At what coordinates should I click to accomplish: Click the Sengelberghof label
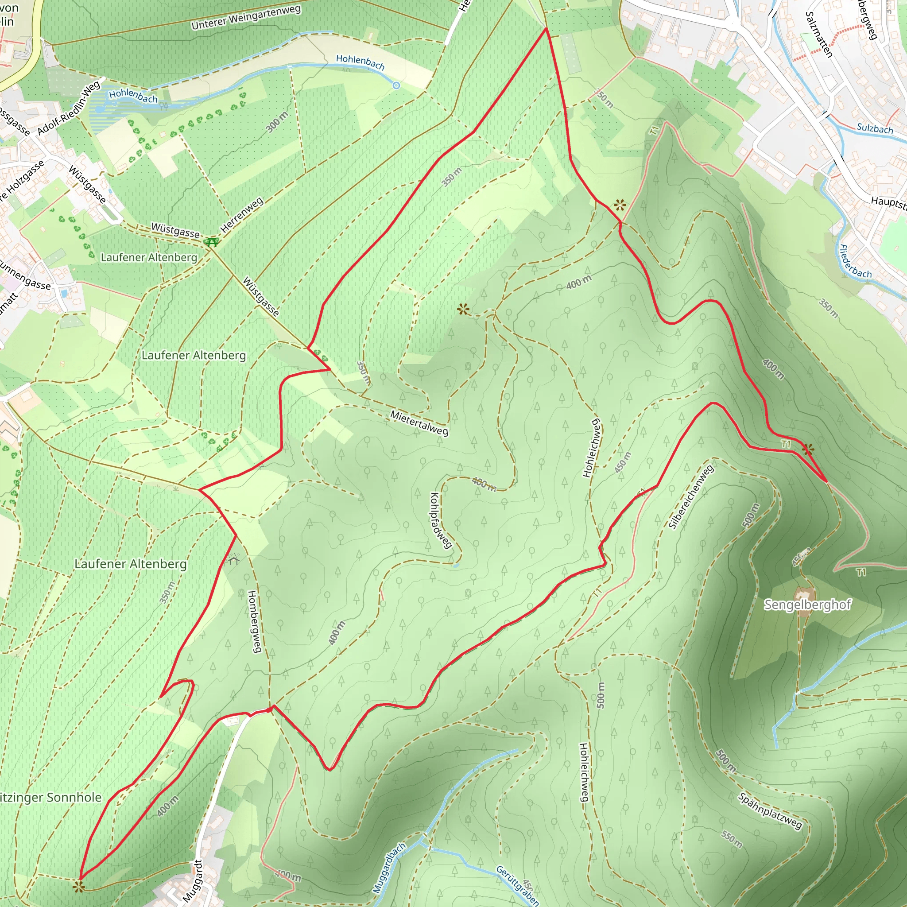point(807,605)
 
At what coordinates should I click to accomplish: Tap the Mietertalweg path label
point(419,422)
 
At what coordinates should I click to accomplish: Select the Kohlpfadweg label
point(440,520)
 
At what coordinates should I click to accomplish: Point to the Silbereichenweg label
point(690,497)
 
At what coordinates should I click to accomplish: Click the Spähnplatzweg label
point(770,811)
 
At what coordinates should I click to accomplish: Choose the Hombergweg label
point(253,621)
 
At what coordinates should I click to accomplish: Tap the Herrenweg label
point(242,215)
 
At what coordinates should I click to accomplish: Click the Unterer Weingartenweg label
point(246,17)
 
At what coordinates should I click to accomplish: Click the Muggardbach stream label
point(389,868)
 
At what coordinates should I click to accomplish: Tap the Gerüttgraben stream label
point(517,885)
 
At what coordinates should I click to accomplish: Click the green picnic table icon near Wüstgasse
point(211,242)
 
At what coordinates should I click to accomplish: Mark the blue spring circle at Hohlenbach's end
point(396,85)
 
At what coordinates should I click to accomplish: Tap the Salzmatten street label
point(819,34)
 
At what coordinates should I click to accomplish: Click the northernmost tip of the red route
point(546,29)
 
